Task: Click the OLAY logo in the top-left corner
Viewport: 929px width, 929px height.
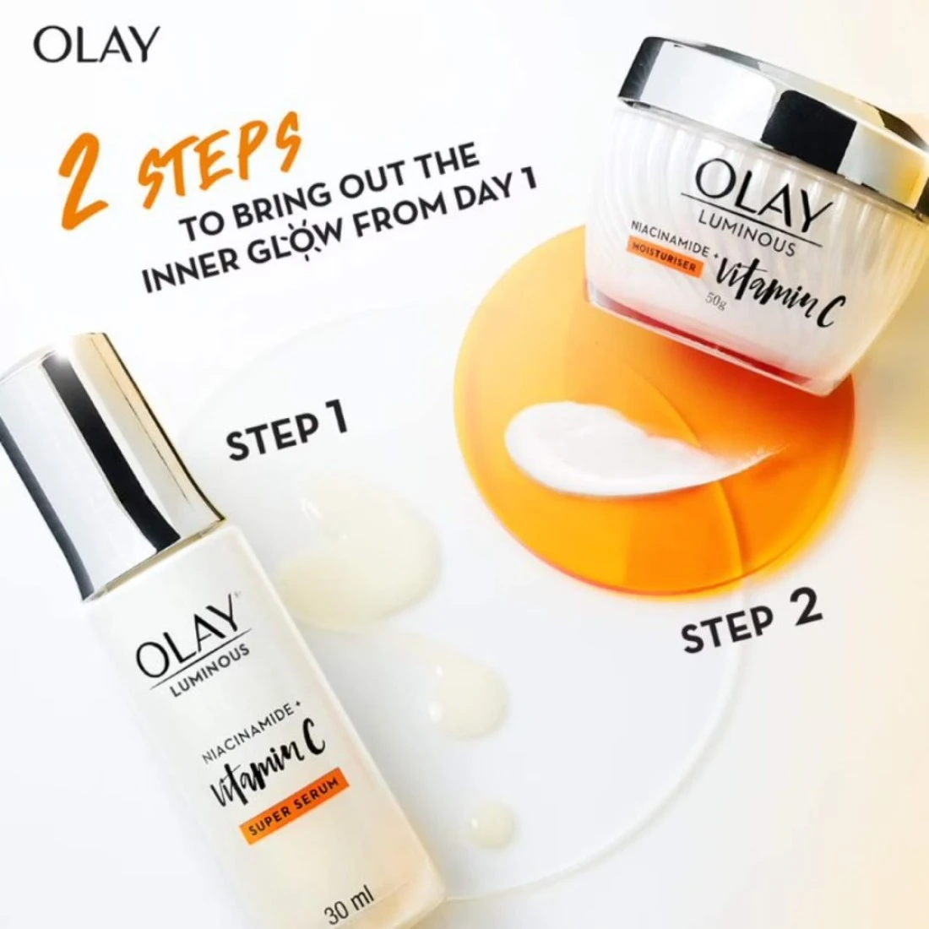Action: (96, 45)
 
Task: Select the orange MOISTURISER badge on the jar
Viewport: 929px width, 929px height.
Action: (666, 261)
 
